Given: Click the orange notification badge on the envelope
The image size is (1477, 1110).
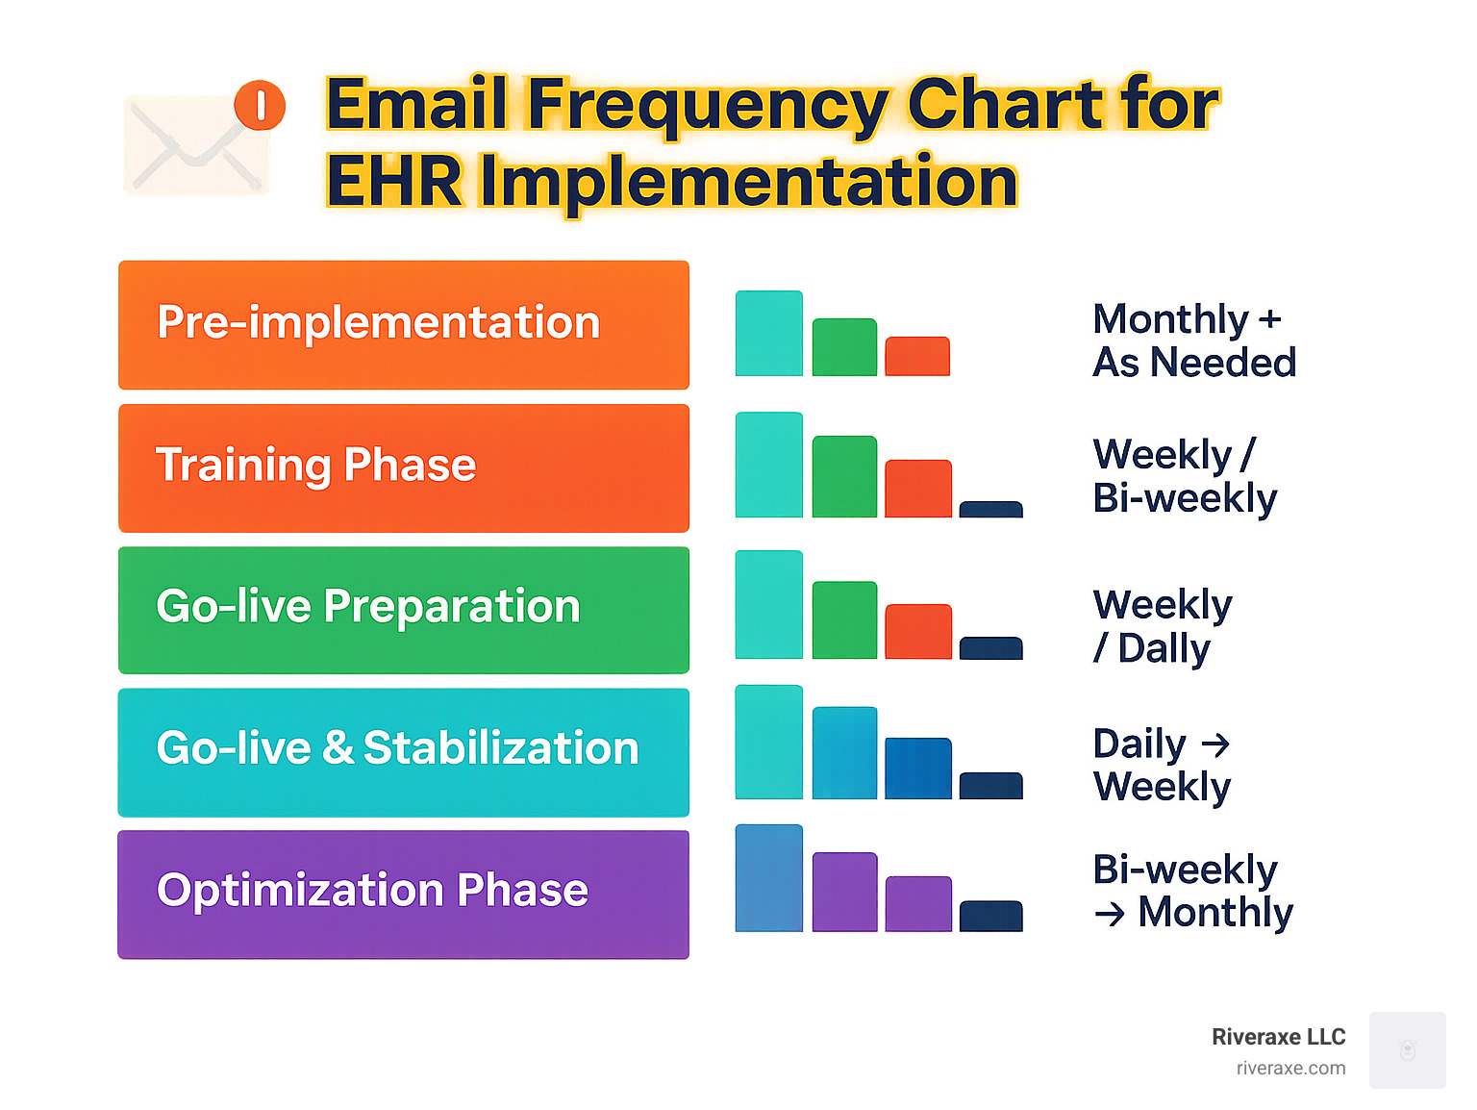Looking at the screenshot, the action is tap(259, 105).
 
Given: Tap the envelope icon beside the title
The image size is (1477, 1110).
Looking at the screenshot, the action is tap(196, 143).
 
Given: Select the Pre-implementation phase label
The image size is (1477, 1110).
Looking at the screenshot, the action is tap(379, 322).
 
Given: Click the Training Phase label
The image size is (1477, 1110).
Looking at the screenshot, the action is tap(316, 465).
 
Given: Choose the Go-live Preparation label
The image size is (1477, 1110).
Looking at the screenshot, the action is tap(368, 607).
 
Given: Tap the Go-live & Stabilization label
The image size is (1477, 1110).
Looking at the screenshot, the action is tap(397, 747).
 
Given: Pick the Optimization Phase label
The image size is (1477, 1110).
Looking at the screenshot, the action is tap(372, 890).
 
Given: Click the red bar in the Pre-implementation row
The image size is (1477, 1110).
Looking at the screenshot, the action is tap(917, 356).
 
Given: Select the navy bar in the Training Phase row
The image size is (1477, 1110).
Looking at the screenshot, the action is tap(990, 510).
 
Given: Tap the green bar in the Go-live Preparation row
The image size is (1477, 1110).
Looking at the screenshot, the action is tap(844, 620).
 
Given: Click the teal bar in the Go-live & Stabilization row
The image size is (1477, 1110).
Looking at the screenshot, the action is tap(769, 742).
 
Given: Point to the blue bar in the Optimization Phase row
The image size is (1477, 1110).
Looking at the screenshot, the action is tap(769, 878).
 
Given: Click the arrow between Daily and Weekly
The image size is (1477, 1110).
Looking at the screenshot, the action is tap(1215, 744).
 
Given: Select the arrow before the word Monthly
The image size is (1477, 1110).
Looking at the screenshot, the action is tap(1110, 914).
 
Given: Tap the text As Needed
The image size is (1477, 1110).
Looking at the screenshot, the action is tap(1194, 363).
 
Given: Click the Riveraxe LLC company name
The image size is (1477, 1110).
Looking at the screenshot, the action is tap(1279, 1037).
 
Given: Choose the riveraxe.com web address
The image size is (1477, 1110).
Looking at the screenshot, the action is tap(1290, 1069).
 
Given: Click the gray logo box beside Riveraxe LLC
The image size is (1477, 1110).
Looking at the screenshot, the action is tap(1407, 1050).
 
